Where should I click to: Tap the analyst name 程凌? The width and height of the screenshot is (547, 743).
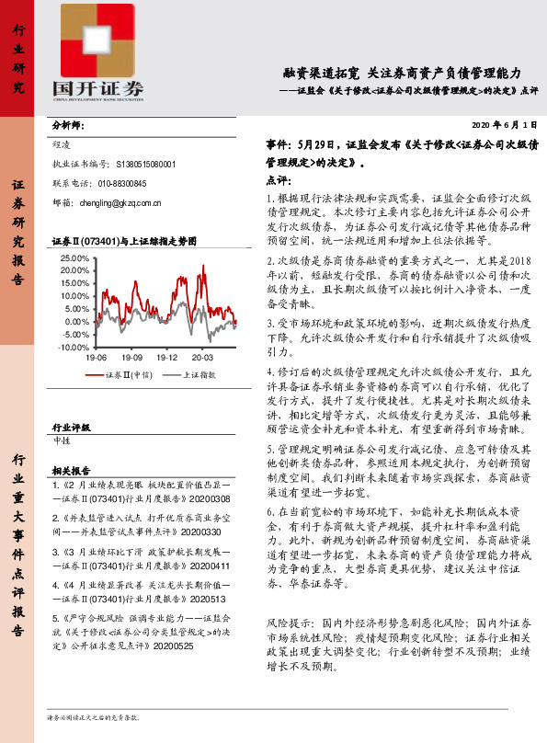pyautogui.click(x=63, y=145)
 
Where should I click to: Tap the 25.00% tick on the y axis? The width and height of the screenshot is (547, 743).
pyautogui.click(x=73, y=258)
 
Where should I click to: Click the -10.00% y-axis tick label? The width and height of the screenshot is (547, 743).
pyautogui.click(x=73, y=348)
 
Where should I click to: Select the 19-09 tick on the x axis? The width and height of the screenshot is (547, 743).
pyautogui.click(x=131, y=357)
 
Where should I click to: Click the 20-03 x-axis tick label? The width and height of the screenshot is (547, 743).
pyautogui.click(x=202, y=357)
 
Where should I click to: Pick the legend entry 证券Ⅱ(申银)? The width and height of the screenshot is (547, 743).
pyautogui.click(x=121, y=375)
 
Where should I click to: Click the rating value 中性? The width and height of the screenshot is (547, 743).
pyautogui.click(x=63, y=442)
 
